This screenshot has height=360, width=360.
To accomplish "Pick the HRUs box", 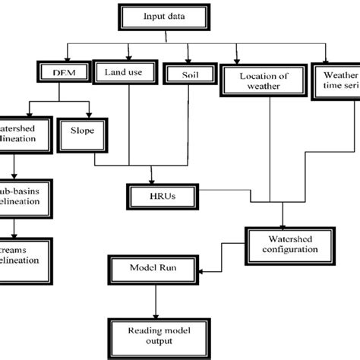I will coord(156,195).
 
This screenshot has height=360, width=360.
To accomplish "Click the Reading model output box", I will coord(156,332).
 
